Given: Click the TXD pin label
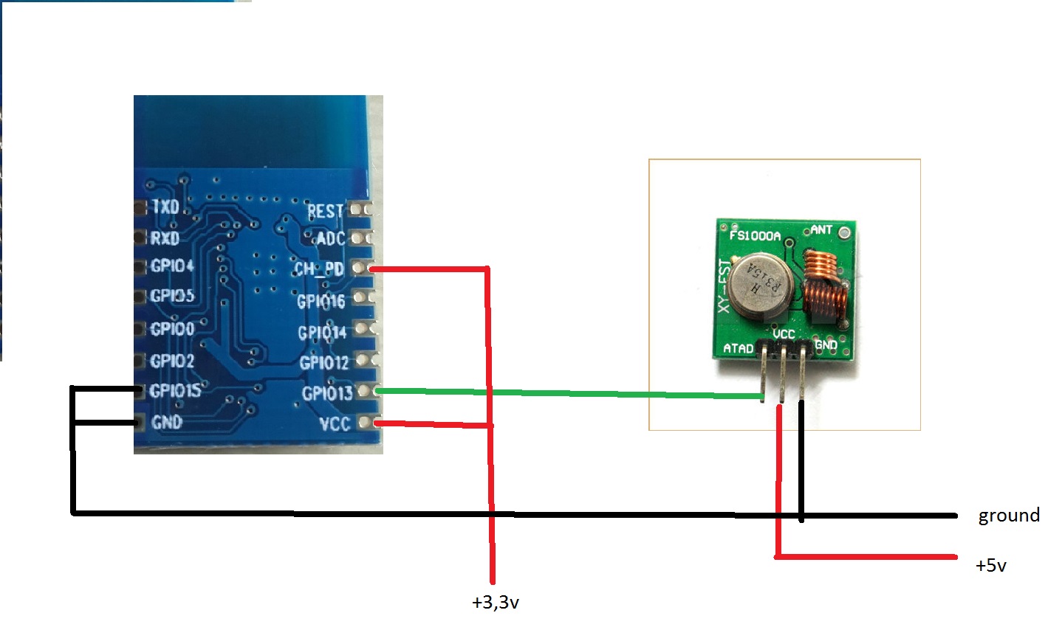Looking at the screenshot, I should [x=165, y=207].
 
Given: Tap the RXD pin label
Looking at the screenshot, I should [x=165, y=238].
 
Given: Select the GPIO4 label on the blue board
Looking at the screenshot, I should [x=172, y=266].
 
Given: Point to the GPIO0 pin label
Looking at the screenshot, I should [x=172, y=329].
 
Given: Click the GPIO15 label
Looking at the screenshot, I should [x=175, y=390].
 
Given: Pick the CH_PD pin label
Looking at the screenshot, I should [x=319, y=269].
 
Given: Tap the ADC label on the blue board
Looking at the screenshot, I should [x=330, y=238].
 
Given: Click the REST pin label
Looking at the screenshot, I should [x=325, y=212].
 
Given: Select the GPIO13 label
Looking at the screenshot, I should [x=326, y=393].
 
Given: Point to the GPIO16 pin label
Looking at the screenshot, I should [x=321, y=301].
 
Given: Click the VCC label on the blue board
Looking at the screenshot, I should [x=335, y=423].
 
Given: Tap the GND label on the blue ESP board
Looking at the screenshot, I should [x=166, y=422].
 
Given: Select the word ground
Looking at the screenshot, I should [x=1008, y=515].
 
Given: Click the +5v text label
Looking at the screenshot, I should [x=990, y=566].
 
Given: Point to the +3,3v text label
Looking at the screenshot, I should [x=495, y=603].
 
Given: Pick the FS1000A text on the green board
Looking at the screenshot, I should [x=754, y=235].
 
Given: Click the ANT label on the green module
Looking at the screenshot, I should [x=821, y=230].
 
